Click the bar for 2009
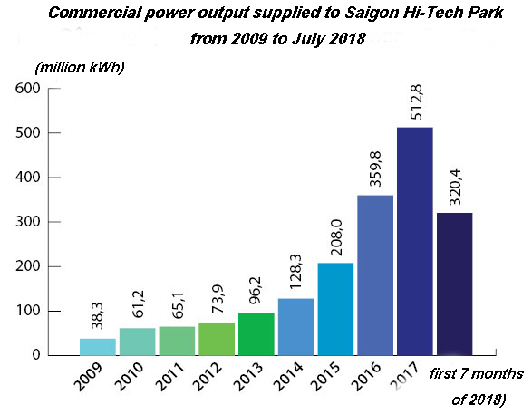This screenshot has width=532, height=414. (98, 347)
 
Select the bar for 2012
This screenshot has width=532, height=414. (216, 339)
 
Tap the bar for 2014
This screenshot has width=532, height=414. (295, 326)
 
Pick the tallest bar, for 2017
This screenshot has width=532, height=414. (413, 241)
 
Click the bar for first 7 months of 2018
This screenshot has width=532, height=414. (453, 284)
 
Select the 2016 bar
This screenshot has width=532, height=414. (373, 274)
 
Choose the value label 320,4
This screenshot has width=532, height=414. (453, 187)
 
